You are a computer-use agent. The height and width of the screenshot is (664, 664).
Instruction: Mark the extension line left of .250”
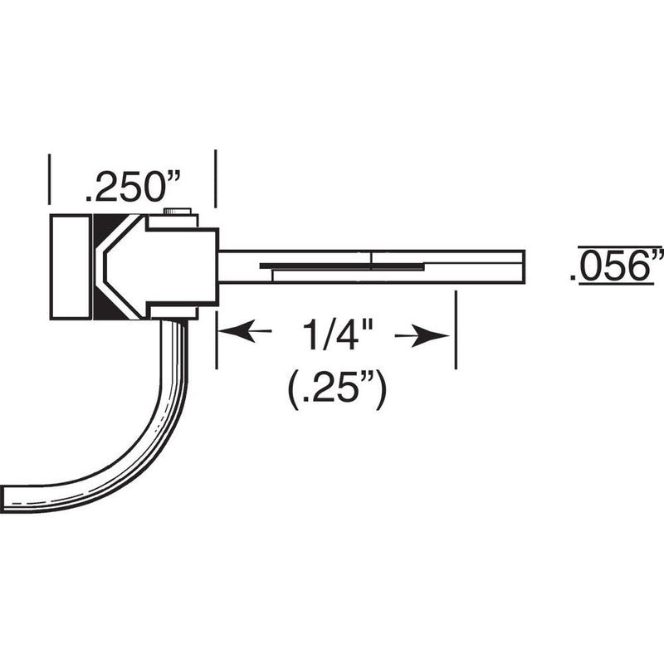pyautogui.click(x=50, y=178)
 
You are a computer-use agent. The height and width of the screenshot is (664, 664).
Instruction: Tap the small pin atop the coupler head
pyautogui.click(x=178, y=212)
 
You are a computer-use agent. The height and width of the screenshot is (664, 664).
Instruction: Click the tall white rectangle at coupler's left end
pyautogui.click(x=70, y=266)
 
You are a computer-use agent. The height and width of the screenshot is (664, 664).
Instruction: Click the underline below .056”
pyautogui.click(x=618, y=285)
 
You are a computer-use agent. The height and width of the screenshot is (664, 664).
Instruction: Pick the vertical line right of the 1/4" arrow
pyautogui.click(x=455, y=330)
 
